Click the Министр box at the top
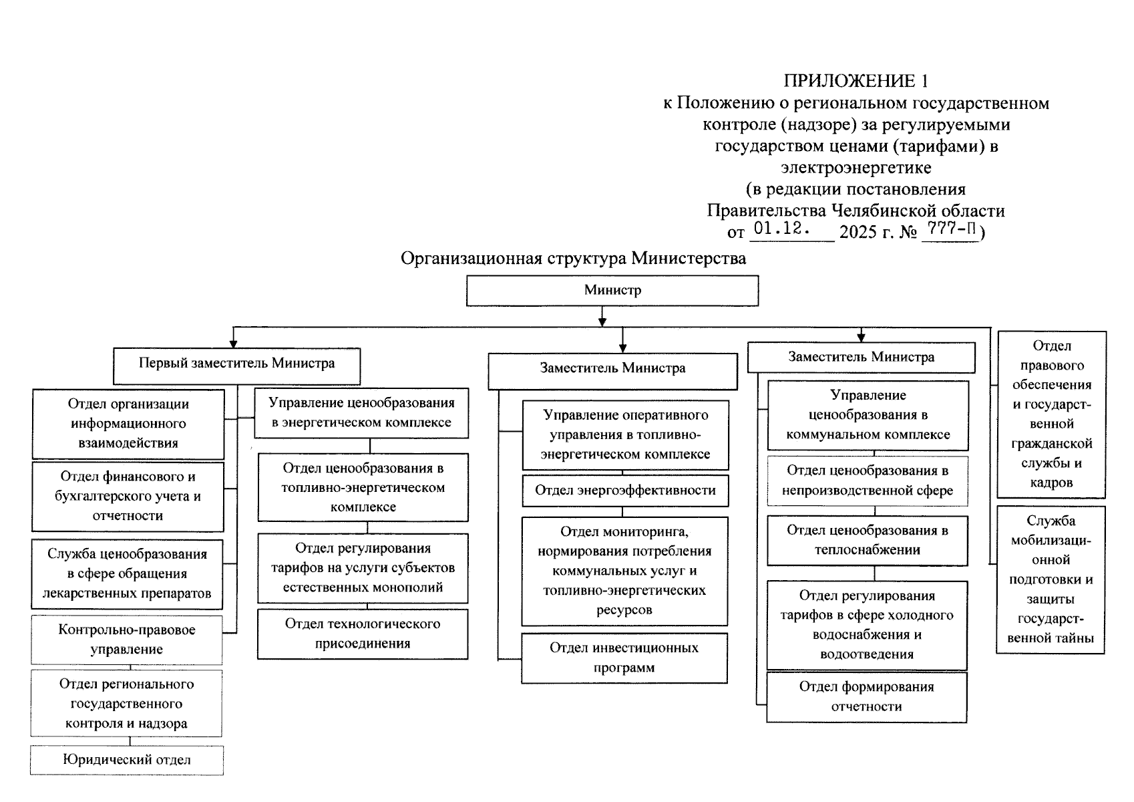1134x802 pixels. point(612,291)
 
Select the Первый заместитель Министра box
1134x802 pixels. point(236,365)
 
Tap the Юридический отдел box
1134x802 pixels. point(127,761)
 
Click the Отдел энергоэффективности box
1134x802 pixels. point(625,491)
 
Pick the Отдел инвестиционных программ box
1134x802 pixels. point(624,658)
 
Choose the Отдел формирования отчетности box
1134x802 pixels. point(866,697)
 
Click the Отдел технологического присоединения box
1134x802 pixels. point(363,634)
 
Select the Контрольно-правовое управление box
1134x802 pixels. point(127,640)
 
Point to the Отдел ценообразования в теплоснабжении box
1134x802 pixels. point(867,540)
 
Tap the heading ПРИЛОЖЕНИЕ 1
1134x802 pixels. point(856,82)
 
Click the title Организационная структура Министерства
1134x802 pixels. point(573,259)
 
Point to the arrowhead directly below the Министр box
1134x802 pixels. point(603,321)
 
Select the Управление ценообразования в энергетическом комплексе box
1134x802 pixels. point(362,412)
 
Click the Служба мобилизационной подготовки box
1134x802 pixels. point(1051,579)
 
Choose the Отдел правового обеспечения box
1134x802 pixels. point(1051,414)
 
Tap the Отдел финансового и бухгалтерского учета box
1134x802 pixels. point(128,496)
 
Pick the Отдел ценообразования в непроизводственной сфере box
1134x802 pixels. point(867,481)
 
